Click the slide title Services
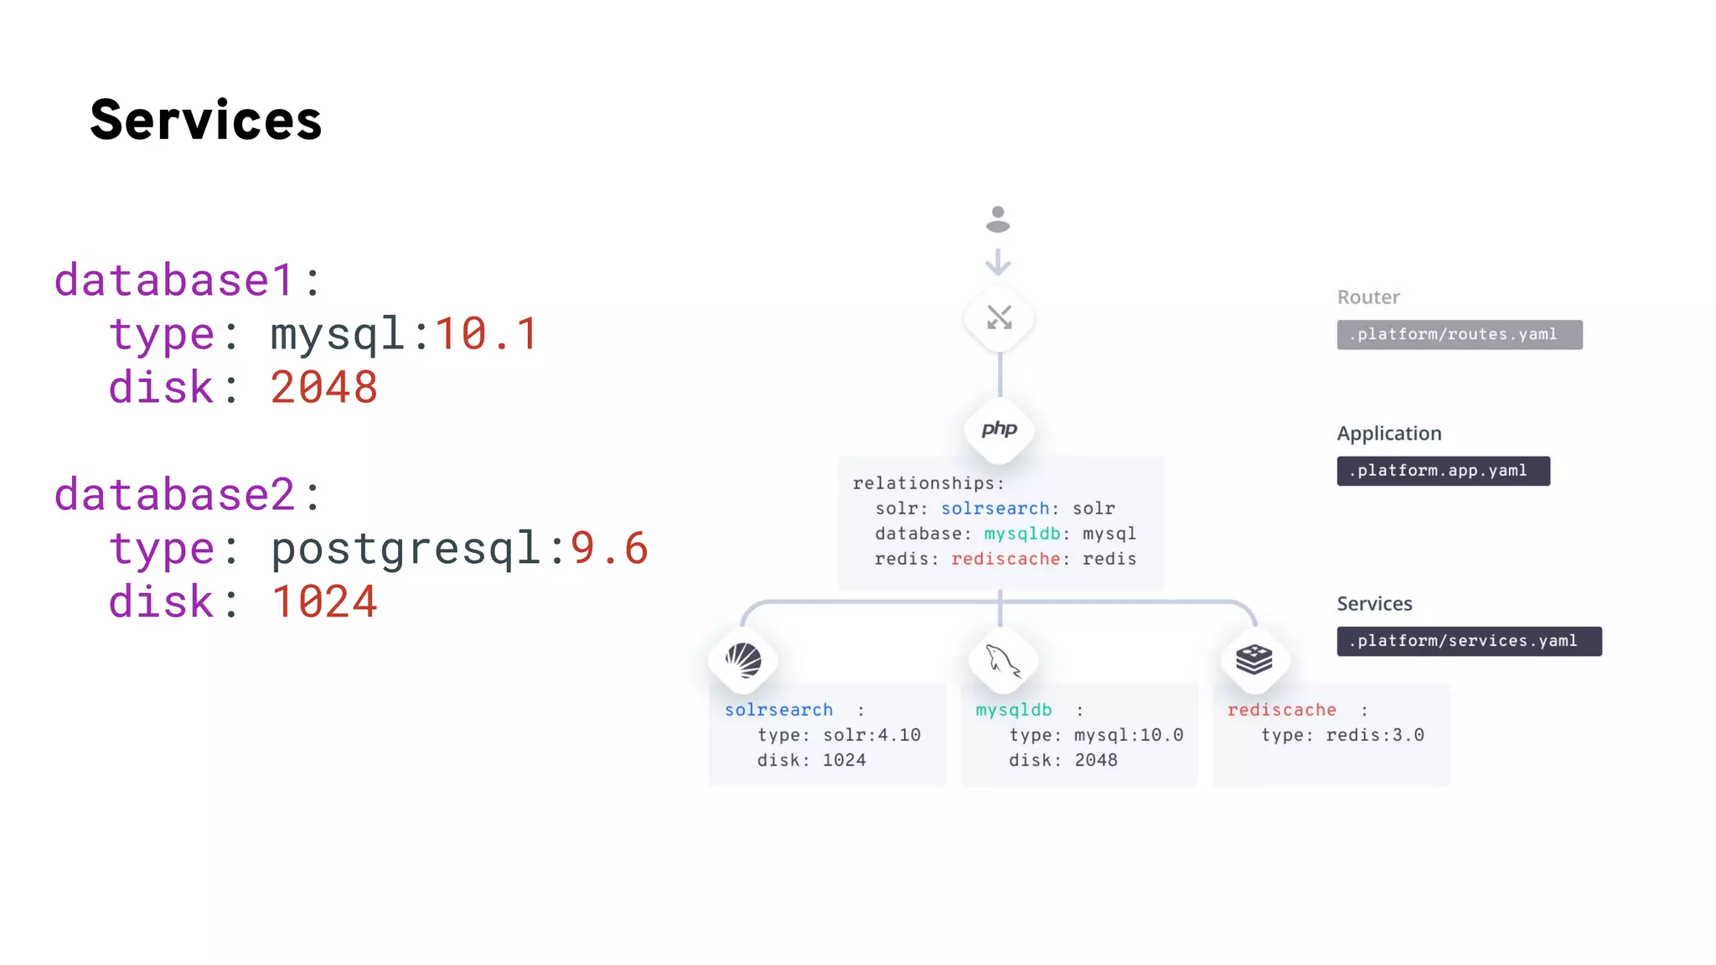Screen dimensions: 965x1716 (x=205, y=120)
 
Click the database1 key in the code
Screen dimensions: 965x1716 (x=174, y=280)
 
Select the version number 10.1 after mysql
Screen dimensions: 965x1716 (x=486, y=333)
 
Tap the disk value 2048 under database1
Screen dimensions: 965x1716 (x=323, y=387)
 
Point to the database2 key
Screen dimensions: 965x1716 (x=174, y=494)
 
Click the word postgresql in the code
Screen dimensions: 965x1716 (x=406, y=549)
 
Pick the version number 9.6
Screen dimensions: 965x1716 (x=609, y=548)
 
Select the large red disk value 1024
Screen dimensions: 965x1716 (x=323, y=601)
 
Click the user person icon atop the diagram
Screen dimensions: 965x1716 (x=998, y=219)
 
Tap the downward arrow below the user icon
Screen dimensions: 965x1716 (x=998, y=262)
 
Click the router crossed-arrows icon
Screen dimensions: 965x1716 (x=999, y=317)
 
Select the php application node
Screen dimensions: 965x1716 (x=999, y=430)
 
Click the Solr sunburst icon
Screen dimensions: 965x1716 (x=743, y=660)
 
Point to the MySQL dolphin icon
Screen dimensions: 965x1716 (x=1002, y=661)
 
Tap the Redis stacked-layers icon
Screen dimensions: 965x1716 (x=1254, y=659)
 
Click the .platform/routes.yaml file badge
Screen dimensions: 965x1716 (x=1459, y=334)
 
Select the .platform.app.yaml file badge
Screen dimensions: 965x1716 (x=1443, y=471)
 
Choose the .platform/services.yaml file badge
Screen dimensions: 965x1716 (x=1469, y=641)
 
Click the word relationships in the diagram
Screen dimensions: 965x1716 (x=923, y=483)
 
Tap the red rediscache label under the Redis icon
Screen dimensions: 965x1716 (x=1281, y=710)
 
